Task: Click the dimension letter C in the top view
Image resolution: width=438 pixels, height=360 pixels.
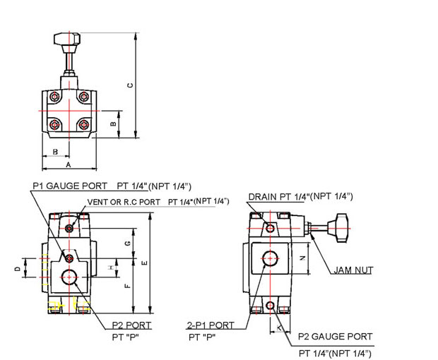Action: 129,85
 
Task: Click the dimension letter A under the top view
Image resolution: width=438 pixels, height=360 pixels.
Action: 69,164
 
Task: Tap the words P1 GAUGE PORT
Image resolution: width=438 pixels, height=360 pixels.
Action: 71,186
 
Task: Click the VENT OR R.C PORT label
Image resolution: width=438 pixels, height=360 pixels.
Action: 126,201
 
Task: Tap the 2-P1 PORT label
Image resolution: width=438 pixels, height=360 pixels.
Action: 211,325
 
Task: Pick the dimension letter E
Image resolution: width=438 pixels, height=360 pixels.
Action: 144,263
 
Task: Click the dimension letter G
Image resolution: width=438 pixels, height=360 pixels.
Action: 126,243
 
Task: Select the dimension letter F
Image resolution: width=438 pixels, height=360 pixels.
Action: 126,286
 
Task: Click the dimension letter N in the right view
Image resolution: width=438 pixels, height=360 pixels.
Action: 302,258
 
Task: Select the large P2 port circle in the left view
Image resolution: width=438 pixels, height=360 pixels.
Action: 70,277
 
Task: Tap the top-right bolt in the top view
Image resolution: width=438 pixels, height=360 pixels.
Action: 84,96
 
